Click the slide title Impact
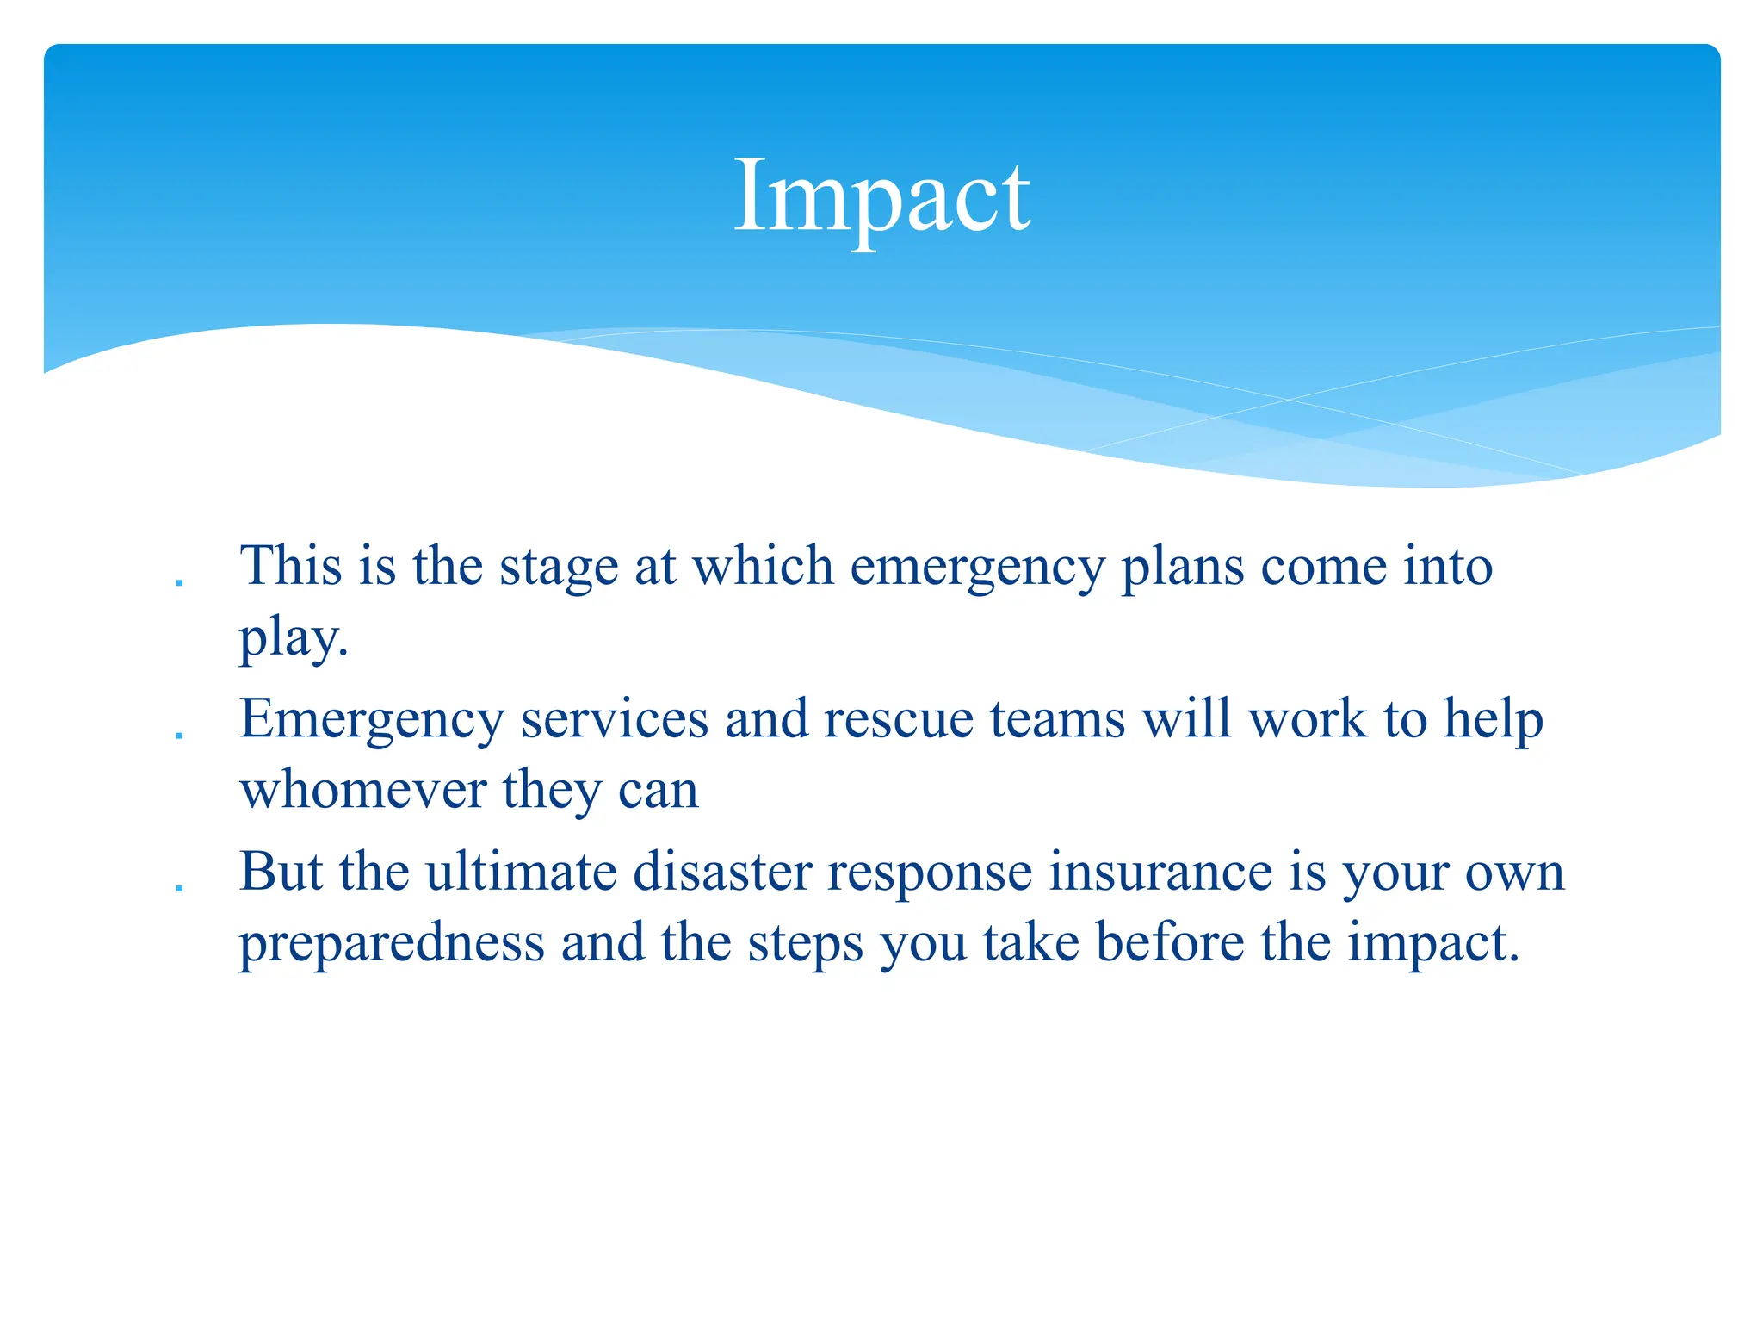click(x=881, y=196)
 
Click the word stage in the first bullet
click(x=559, y=568)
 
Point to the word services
click(x=615, y=719)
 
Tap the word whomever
click(x=362, y=790)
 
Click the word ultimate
click(x=521, y=872)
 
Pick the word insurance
click(x=1160, y=872)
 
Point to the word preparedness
click(x=392, y=944)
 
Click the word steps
click(x=805, y=944)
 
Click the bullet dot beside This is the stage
click(x=179, y=583)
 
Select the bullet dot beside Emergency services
click(x=179, y=736)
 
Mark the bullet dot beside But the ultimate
click(x=179, y=889)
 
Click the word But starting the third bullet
click(x=281, y=872)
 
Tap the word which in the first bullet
click(x=764, y=567)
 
